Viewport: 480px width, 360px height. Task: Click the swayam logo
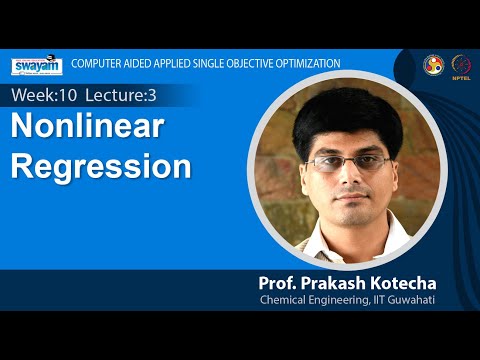point(38,65)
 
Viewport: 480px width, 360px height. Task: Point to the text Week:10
point(43,95)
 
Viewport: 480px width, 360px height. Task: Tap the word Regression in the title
point(101,165)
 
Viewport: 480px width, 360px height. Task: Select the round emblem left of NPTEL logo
point(434,63)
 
